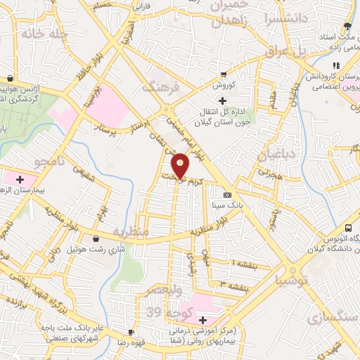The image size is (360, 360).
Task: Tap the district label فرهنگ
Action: (x=161, y=86)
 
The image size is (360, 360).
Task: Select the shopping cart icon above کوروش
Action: (x=224, y=75)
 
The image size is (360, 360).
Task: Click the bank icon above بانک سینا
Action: (x=227, y=195)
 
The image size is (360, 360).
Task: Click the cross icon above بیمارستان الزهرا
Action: (x=20, y=180)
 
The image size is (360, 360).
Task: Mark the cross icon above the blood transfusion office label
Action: (x=223, y=101)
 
